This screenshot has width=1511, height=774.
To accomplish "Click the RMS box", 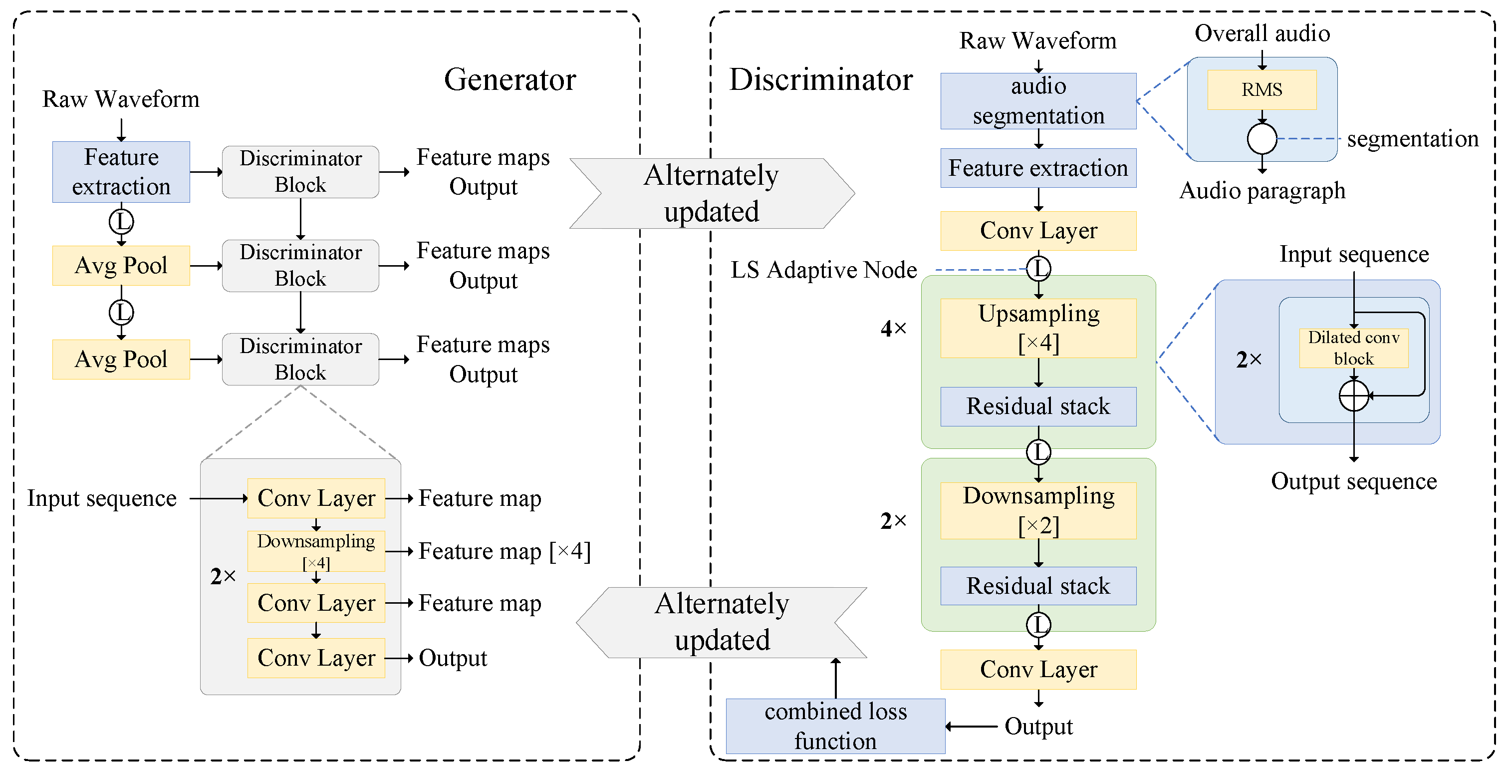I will (1261, 90).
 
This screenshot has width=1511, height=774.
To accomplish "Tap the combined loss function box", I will (835, 726).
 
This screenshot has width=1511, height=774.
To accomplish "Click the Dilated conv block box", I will (1353, 348).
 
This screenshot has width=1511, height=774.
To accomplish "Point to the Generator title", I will (509, 79).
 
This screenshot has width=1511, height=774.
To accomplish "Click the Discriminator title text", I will (820, 79).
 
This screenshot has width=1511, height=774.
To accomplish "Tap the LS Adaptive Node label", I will (823, 270).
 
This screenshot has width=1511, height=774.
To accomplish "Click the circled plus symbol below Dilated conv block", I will (1353, 395).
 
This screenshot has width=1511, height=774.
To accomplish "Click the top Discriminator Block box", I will (300, 172).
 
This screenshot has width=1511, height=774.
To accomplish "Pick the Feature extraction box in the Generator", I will (121, 172).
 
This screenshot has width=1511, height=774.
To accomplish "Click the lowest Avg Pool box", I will (121, 359).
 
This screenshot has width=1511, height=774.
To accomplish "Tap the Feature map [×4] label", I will (504, 551).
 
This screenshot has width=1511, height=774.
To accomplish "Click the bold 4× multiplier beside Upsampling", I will (893, 328).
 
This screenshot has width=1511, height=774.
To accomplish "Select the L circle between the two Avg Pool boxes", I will (121, 312).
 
